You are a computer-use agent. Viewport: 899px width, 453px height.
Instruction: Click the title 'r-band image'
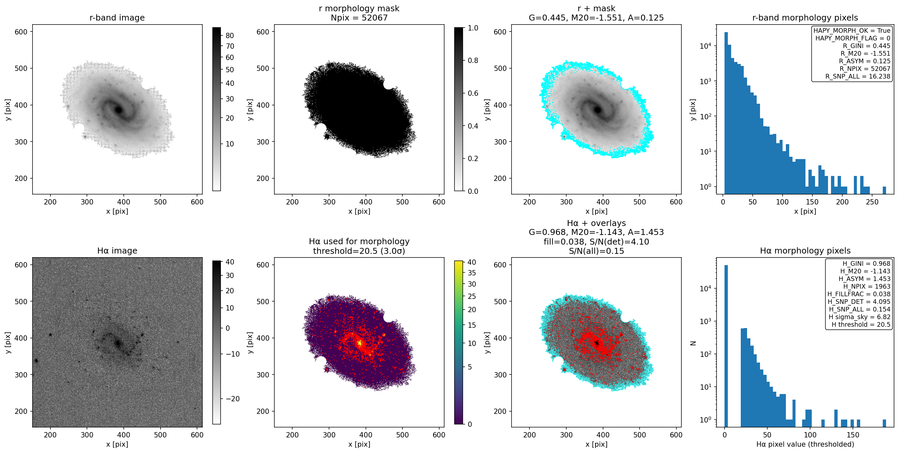tap(117, 18)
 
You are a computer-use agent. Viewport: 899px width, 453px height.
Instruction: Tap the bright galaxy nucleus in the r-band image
tap(119, 110)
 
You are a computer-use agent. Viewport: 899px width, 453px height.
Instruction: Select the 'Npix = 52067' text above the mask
tap(359, 18)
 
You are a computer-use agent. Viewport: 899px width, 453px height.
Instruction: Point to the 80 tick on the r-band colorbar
tap(230, 35)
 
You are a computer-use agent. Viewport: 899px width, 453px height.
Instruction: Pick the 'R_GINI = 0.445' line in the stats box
tap(866, 46)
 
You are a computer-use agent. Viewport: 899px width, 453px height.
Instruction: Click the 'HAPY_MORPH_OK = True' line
tap(852, 31)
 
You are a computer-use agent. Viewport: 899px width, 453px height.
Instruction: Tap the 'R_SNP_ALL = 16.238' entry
tap(858, 76)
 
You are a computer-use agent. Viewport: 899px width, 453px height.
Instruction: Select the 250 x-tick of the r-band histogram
tap(872, 202)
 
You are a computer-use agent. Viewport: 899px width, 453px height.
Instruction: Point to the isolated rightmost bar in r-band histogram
tap(884, 191)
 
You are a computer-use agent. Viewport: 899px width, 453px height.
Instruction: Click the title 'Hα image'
tap(117, 251)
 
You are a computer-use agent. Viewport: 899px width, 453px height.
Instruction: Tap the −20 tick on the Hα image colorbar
tap(233, 399)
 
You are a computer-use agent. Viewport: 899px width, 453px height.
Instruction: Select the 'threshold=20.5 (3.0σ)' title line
tap(359, 251)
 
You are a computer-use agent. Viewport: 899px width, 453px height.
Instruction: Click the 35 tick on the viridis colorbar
tap(471, 273)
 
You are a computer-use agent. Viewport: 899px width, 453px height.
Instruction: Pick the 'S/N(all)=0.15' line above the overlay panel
tap(596, 251)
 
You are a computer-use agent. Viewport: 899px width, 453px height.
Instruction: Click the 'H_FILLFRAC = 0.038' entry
tap(859, 294)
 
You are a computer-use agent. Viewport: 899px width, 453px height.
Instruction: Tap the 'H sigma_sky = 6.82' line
tap(860, 317)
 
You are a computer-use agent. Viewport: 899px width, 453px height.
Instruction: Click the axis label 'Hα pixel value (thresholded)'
tap(805, 444)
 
